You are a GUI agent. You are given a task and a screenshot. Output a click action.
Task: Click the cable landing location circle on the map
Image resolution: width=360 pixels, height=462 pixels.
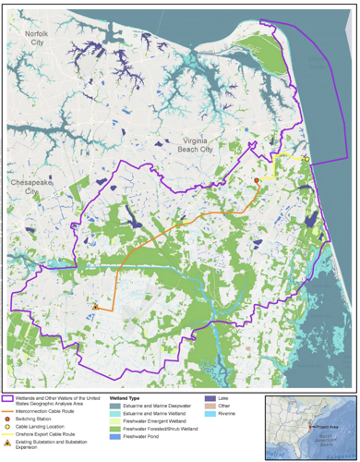coord(305,159)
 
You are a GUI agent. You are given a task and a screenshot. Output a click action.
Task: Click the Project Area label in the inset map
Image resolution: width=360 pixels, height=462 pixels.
coord(322,426)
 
